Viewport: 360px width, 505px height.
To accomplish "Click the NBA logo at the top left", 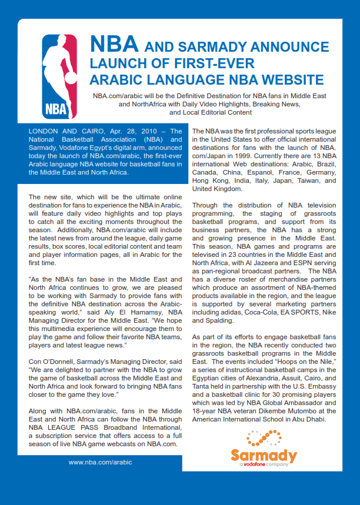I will pyautogui.click(x=59, y=76).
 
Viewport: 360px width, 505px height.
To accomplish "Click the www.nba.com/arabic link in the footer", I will pyautogui.click(x=100, y=462).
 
